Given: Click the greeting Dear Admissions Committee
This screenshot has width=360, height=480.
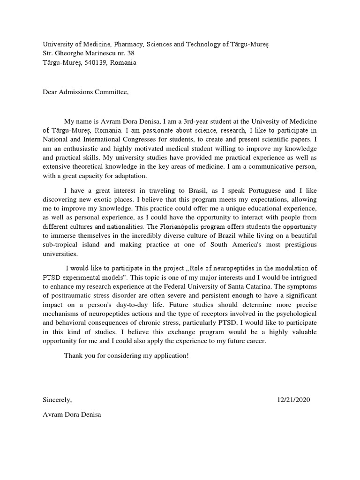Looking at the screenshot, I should tap(85, 92).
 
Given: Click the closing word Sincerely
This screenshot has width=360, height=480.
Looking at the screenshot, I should tap(57, 400).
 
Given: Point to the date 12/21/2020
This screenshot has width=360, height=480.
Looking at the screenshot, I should tap(293, 400).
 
